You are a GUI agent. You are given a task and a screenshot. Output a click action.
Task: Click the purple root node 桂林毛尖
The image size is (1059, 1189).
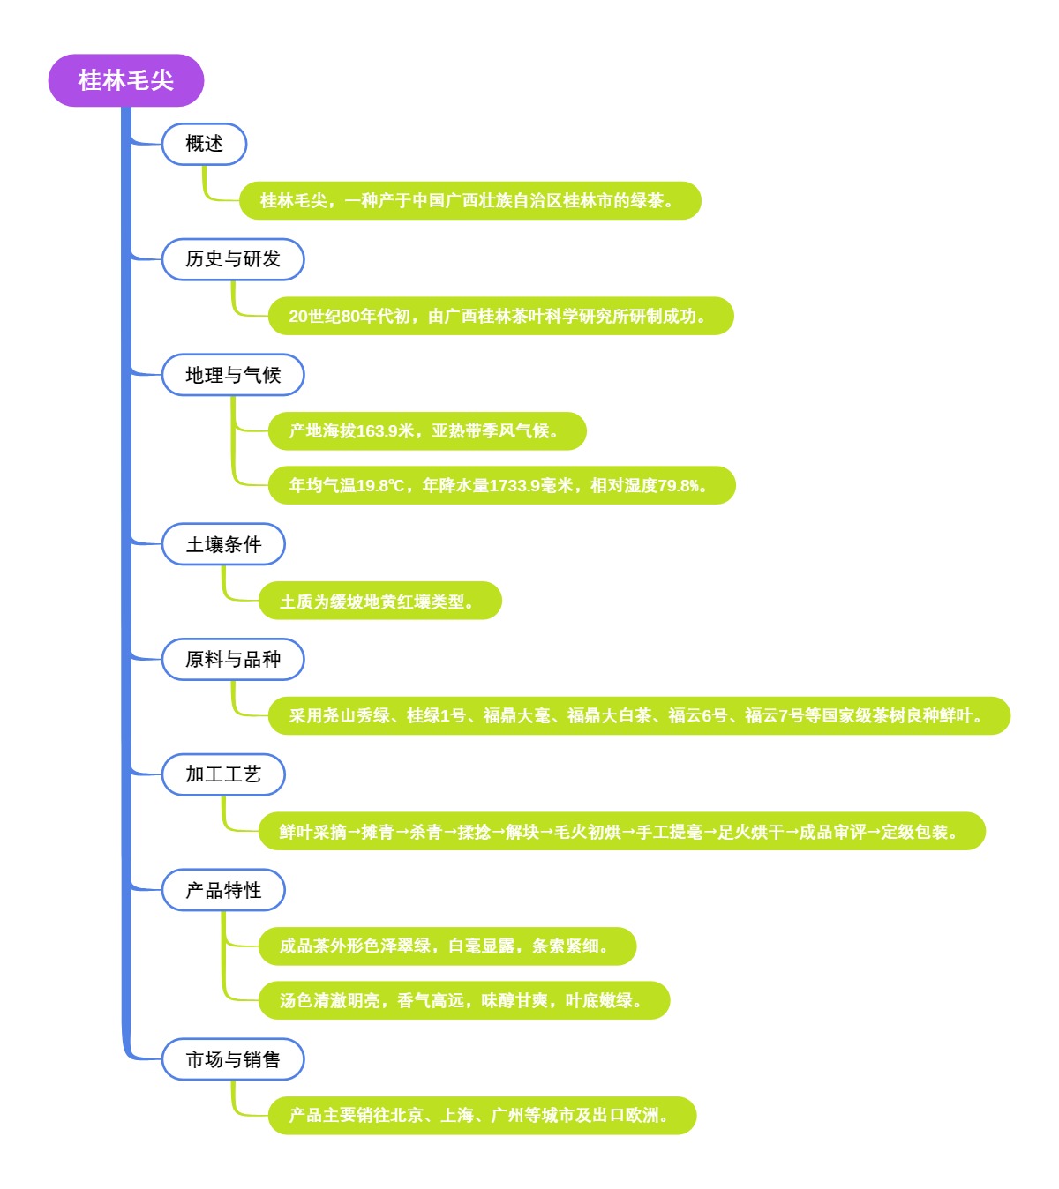pyautogui.click(x=125, y=80)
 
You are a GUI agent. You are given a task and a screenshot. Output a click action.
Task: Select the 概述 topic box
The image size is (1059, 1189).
pyautogui.click(x=204, y=144)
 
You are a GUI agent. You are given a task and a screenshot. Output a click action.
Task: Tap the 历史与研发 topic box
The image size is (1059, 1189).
pyautogui.click(x=233, y=259)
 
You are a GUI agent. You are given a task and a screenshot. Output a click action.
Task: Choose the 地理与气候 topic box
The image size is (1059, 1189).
pyautogui.click(x=233, y=375)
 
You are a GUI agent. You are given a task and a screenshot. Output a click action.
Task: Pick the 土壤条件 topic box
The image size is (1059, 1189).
pyautogui.click(x=223, y=544)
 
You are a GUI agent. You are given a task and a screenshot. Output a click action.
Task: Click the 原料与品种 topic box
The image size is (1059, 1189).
pyautogui.click(x=233, y=659)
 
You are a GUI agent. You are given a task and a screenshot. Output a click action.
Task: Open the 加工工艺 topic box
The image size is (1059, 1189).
pyautogui.click(x=223, y=774)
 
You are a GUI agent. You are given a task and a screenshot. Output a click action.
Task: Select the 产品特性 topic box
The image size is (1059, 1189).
pyautogui.click(x=223, y=890)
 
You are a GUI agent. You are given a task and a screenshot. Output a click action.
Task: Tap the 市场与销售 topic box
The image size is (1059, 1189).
pyautogui.click(x=233, y=1059)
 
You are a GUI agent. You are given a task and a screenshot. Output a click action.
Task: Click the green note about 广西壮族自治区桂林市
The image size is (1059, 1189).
pyautogui.click(x=469, y=201)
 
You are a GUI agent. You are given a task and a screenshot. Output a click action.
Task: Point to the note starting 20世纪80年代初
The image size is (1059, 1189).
pyautogui.click(x=499, y=316)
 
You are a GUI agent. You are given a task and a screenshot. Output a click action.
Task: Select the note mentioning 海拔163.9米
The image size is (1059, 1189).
pyautogui.click(x=426, y=431)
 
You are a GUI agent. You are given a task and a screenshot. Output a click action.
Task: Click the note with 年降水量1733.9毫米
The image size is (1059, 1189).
pyautogui.click(x=501, y=485)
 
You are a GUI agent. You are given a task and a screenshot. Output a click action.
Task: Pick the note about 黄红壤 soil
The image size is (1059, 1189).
pyautogui.click(x=379, y=602)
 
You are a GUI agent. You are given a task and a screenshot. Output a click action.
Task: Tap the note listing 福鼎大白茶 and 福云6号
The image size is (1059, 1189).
pyautogui.click(x=638, y=715)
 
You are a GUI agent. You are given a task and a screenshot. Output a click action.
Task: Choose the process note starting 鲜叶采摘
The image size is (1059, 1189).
pyautogui.click(x=620, y=832)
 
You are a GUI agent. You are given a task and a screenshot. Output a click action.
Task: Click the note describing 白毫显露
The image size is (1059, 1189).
pyautogui.click(x=447, y=946)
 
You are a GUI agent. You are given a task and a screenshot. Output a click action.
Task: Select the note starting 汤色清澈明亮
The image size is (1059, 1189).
pyautogui.click(x=463, y=1000)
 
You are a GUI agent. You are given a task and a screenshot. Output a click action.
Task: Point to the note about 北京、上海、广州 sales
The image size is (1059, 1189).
pyautogui.click(x=482, y=1116)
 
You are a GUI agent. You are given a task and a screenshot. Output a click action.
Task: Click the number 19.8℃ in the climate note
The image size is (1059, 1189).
pyautogui.click(x=380, y=486)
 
